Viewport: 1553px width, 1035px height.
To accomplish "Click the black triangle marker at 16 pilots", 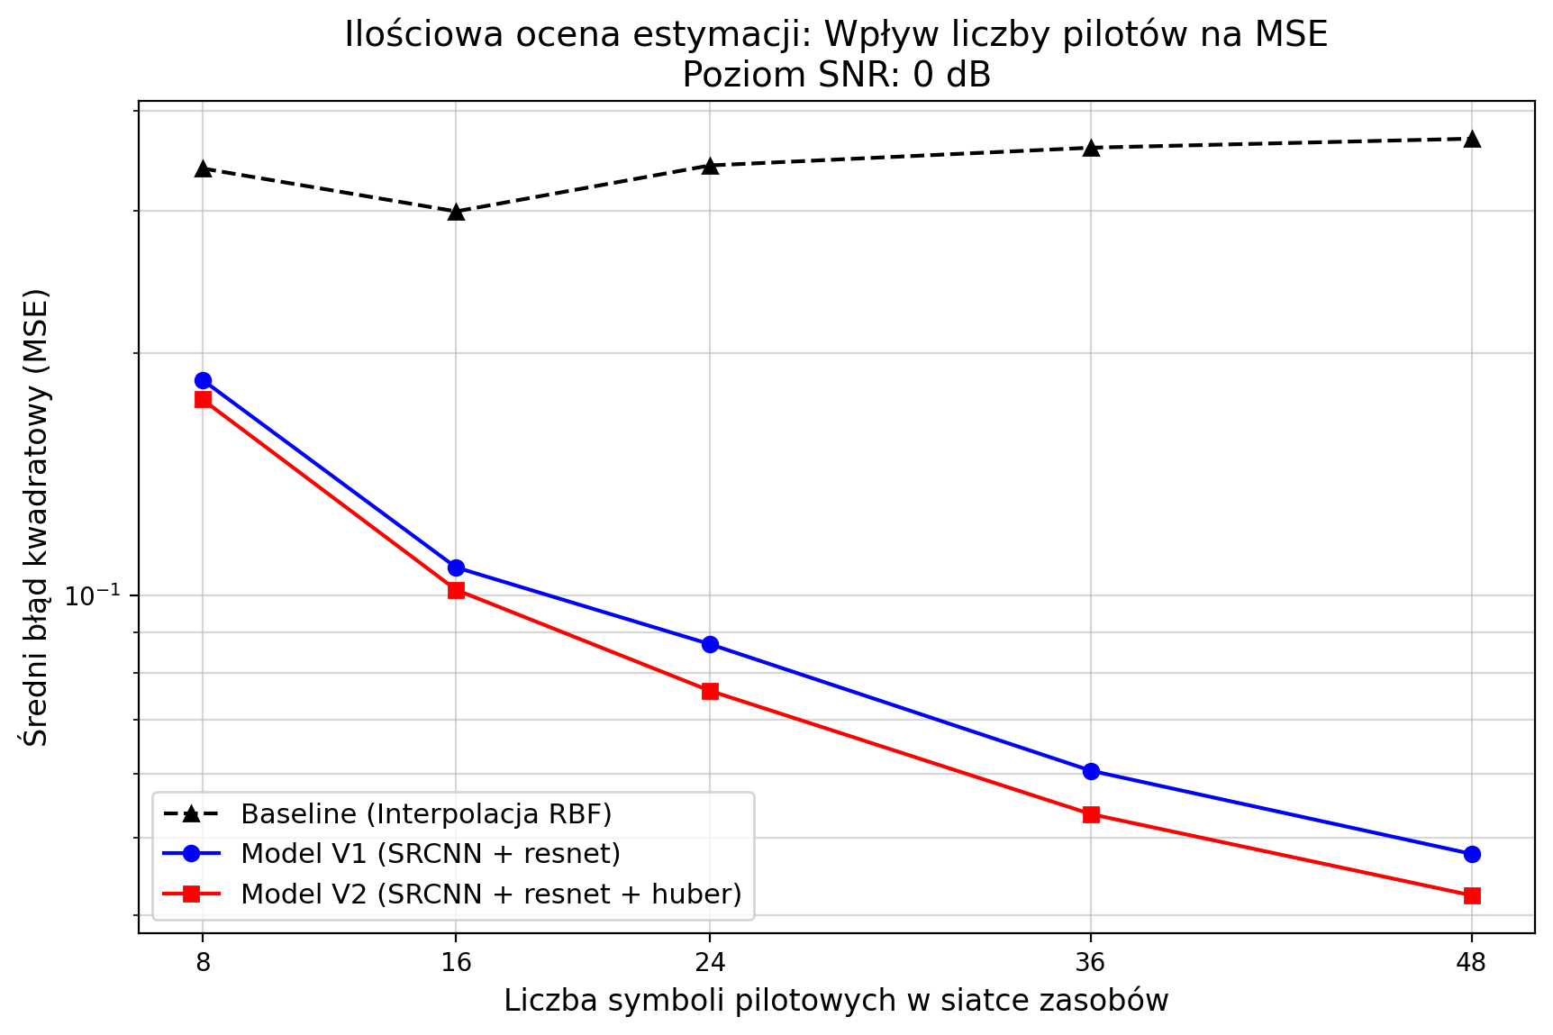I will [457, 212].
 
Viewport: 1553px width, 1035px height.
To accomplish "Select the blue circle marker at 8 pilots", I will [203, 380].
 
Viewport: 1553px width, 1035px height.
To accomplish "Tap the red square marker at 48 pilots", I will [1472, 895].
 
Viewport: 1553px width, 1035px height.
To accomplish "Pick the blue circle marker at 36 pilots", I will [1091, 771].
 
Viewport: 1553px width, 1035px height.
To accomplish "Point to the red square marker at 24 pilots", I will [710, 691].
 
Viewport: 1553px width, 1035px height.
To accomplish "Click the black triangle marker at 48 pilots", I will [1472, 139].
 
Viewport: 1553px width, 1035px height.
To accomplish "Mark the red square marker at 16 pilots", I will [457, 590].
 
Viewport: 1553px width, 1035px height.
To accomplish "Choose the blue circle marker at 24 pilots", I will [710, 644].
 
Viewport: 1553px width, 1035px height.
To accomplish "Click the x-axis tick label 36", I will [1091, 963].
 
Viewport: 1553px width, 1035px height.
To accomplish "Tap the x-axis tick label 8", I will [203, 963].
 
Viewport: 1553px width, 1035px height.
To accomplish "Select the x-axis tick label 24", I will [710, 963].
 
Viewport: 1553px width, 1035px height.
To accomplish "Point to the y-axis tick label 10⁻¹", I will [94, 595].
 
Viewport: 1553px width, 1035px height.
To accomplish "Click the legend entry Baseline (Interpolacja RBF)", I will [426, 814].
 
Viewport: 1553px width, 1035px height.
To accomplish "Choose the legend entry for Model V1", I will [431, 853].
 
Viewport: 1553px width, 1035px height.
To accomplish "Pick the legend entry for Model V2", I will [491, 894].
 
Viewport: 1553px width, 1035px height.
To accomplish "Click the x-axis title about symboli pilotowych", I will [836, 1001].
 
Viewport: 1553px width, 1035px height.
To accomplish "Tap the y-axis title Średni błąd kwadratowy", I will [36, 518].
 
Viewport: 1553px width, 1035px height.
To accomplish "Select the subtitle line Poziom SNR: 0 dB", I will [836, 75].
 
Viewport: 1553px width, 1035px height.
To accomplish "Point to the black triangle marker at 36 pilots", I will [1091, 148].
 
